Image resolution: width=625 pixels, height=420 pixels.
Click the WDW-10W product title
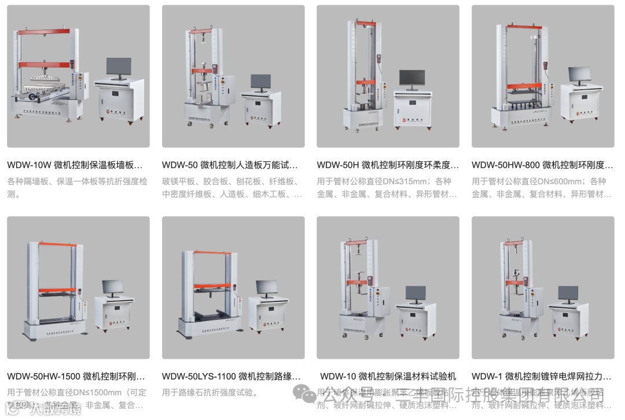pyautogui.click(x=75, y=165)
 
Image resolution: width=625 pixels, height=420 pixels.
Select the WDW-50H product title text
pyautogui.click(x=388, y=165)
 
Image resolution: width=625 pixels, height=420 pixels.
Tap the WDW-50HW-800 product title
pyautogui.click(x=542, y=165)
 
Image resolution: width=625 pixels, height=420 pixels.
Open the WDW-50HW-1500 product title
pyautogui.click(x=76, y=377)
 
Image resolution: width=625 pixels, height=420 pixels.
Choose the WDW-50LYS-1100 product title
pyautogui.click(x=232, y=377)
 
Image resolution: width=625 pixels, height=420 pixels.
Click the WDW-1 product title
pyautogui.click(x=541, y=377)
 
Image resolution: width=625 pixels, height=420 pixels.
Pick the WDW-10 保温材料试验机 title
pyautogui.click(x=388, y=377)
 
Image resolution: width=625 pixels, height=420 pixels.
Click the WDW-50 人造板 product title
pyautogui.click(x=230, y=165)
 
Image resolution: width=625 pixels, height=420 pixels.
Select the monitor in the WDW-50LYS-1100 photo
pyautogui.click(x=267, y=288)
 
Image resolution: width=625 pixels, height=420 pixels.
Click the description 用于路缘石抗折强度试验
pyautogui.click(x=210, y=393)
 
